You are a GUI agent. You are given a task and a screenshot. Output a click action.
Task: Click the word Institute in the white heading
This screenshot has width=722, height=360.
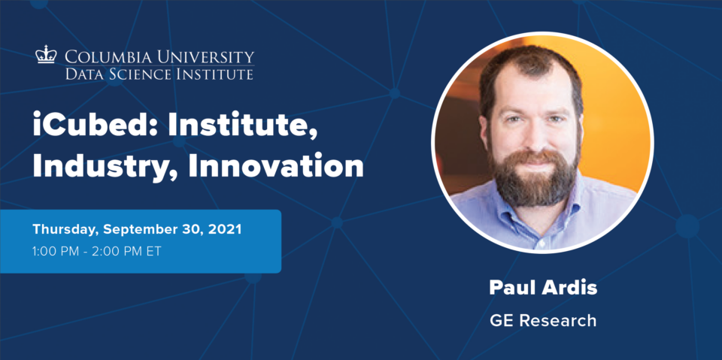tap(242, 126)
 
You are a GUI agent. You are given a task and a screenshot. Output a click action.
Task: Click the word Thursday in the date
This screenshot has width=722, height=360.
tap(65, 230)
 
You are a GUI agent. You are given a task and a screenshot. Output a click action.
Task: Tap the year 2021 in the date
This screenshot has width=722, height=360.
tap(225, 230)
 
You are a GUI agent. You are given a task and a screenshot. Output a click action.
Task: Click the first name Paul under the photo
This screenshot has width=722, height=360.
tap(509, 288)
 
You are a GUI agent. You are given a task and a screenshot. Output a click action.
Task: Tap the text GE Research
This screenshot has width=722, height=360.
tap(543, 320)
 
